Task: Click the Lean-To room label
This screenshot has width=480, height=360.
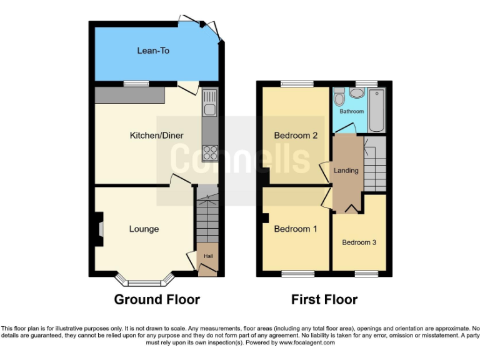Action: click(x=153, y=51)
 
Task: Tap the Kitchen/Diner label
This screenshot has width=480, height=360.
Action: click(x=156, y=136)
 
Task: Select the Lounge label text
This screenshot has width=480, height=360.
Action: click(x=144, y=229)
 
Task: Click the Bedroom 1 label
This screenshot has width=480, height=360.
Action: click(x=296, y=229)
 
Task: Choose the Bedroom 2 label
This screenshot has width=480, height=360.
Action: click(x=296, y=136)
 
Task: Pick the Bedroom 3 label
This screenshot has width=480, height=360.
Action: click(x=359, y=242)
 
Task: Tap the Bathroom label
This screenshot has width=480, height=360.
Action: click(x=352, y=111)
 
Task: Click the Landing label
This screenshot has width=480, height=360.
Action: click(x=346, y=170)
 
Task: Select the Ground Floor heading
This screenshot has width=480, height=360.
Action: click(x=157, y=299)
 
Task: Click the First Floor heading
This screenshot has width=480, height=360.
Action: click(x=324, y=299)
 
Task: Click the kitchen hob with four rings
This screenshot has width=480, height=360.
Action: click(x=210, y=152)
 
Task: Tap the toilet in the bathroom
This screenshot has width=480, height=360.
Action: click(x=339, y=97)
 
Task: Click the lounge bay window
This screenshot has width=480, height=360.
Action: click(x=144, y=277)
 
